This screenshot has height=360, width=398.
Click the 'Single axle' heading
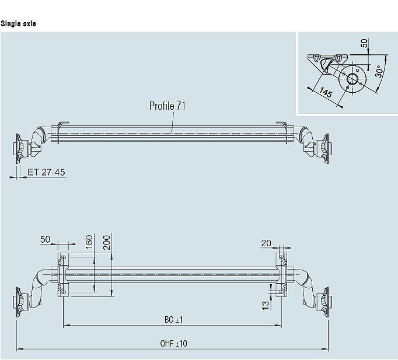(x=18, y=23)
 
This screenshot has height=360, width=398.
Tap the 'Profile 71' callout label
(x=167, y=106)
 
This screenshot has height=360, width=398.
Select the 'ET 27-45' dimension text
(x=46, y=172)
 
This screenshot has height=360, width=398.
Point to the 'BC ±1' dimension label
(x=174, y=320)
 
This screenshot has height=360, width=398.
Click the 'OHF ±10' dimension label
(x=174, y=344)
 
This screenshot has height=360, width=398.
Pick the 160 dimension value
(x=89, y=242)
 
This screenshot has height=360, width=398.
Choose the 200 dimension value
(x=107, y=243)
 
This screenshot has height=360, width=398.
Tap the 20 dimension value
(x=266, y=243)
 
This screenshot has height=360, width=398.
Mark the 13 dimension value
(x=266, y=305)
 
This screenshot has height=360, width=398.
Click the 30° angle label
(x=379, y=71)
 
